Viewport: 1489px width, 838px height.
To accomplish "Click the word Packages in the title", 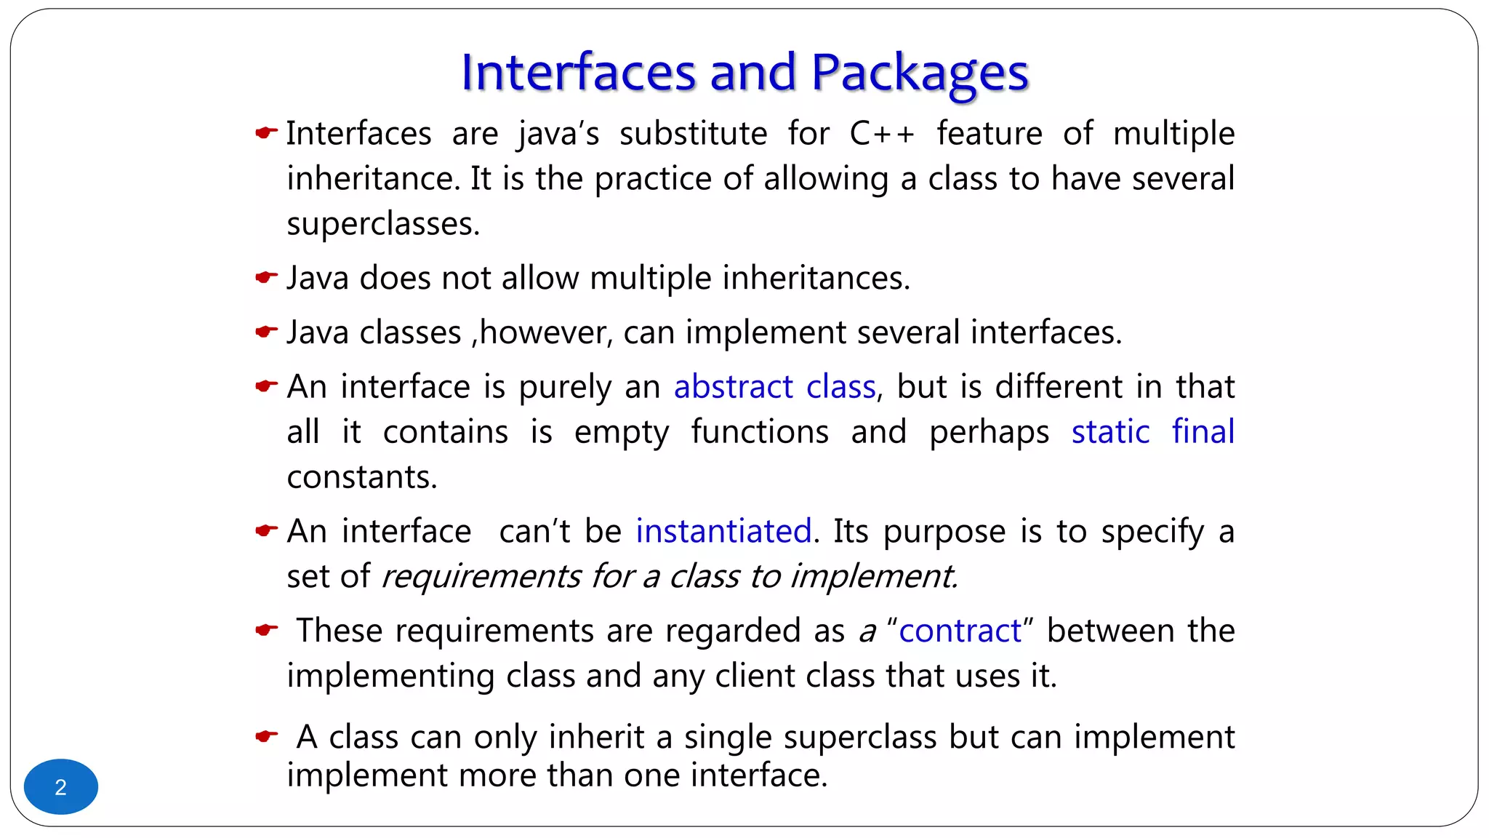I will click(x=919, y=73).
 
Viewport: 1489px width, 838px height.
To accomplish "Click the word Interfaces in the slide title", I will click(x=579, y=73).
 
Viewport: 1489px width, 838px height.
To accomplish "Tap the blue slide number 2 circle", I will click(x=61, y=787).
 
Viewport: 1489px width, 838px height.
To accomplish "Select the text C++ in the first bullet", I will click(x=881, y=134).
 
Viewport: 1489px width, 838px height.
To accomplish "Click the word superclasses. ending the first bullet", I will click(x=383, y=224).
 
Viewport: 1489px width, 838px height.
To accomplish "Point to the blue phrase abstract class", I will click(x=774, y=387).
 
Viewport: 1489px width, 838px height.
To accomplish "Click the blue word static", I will click(x=1110, y=432).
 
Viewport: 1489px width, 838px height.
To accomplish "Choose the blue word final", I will click(x=1203, y=432).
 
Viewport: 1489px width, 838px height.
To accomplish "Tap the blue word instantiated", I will click(x=723, y=532).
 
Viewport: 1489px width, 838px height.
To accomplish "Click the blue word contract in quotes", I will click(x=960, y=631).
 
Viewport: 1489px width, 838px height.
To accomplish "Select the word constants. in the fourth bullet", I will click(x=362, y=478).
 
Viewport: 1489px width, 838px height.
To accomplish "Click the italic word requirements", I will click(x=481, y=577).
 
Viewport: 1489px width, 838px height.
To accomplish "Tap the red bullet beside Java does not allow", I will click(x=266, y=277).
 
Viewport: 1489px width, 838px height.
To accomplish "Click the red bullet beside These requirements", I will click(x=266, y=630).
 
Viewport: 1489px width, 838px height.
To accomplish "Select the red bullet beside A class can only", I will click(x=266, y=737).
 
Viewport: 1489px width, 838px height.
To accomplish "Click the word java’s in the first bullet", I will click(x=558, y=134).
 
